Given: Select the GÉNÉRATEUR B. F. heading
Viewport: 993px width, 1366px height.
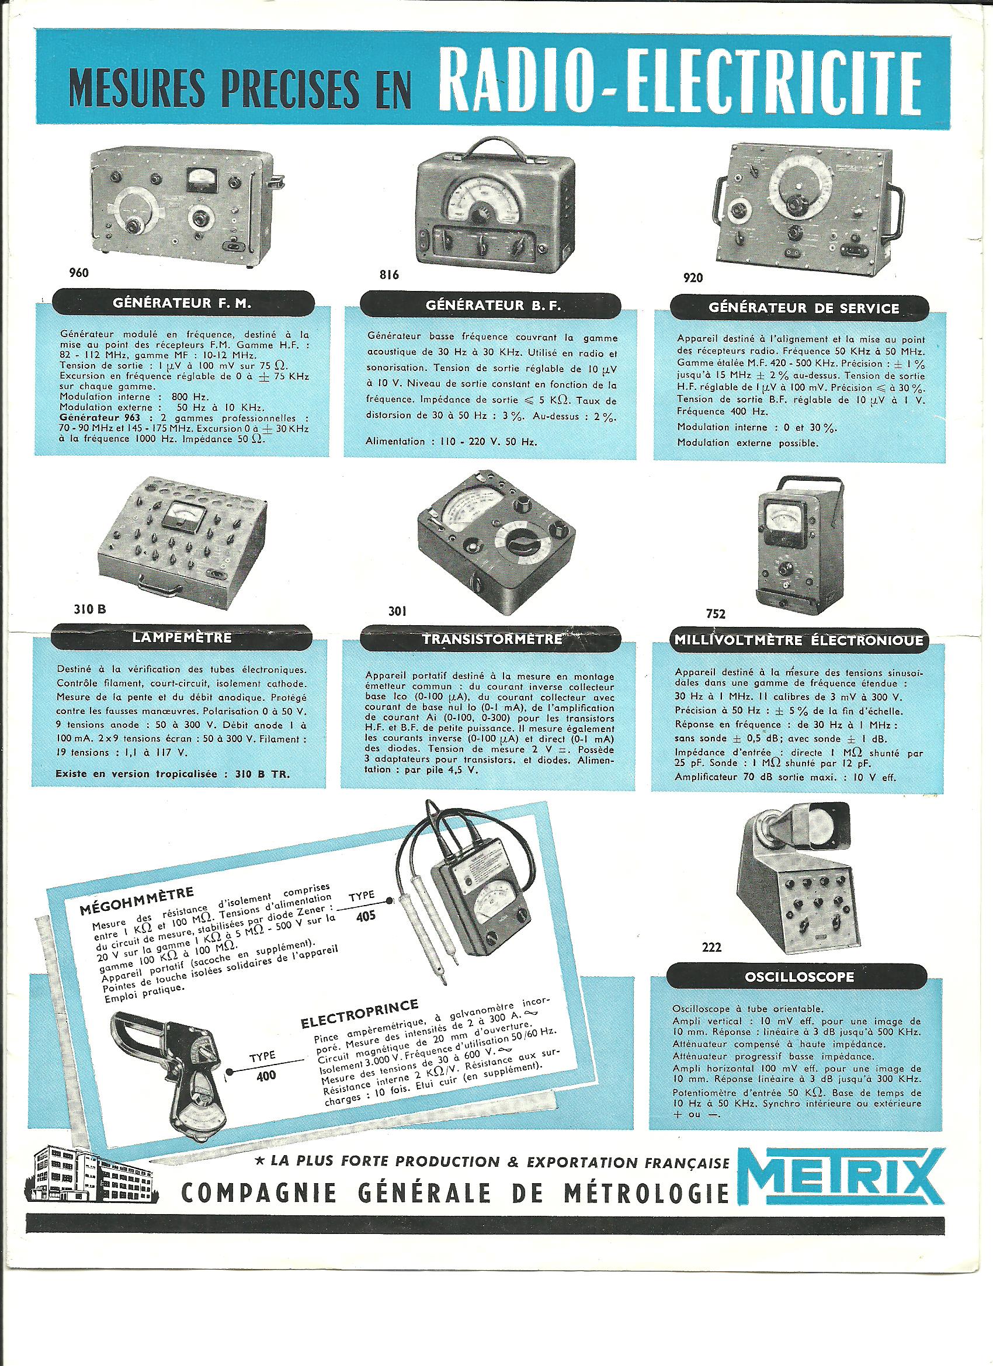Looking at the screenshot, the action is pos(492,306).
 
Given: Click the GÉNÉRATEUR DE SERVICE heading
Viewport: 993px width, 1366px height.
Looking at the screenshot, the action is pos(803,308).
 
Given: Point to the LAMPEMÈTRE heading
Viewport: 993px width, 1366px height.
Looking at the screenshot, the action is pos(182,638).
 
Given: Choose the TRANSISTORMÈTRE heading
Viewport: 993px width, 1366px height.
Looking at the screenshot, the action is pos(492,640).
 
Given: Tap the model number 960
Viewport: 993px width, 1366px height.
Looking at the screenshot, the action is pos(78,273).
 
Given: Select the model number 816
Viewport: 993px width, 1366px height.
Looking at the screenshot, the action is pos(388,275).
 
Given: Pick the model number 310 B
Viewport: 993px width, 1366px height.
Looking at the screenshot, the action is pos(90,609).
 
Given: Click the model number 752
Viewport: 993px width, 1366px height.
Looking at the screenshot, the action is pos(716,613).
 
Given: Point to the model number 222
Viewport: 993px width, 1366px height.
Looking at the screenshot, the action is pos(711,947).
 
